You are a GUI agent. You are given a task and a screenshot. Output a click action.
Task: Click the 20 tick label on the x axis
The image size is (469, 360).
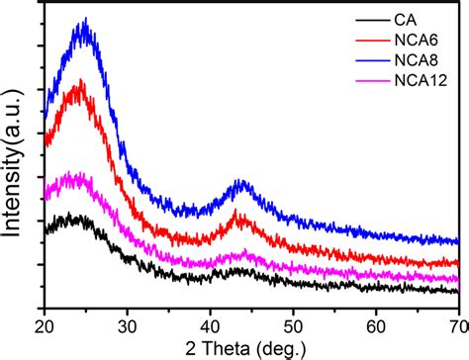coord(45,322)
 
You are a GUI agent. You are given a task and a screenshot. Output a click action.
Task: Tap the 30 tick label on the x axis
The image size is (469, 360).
coord(127,322)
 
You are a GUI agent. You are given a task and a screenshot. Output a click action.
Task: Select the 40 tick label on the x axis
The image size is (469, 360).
coord(210,322)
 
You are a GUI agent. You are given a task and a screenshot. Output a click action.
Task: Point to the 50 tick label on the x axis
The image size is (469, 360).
coord(293,322)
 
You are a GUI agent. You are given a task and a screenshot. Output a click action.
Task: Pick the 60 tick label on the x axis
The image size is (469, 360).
coord(375,322)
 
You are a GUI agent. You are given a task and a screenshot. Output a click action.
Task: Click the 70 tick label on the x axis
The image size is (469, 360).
coord(457,322)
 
